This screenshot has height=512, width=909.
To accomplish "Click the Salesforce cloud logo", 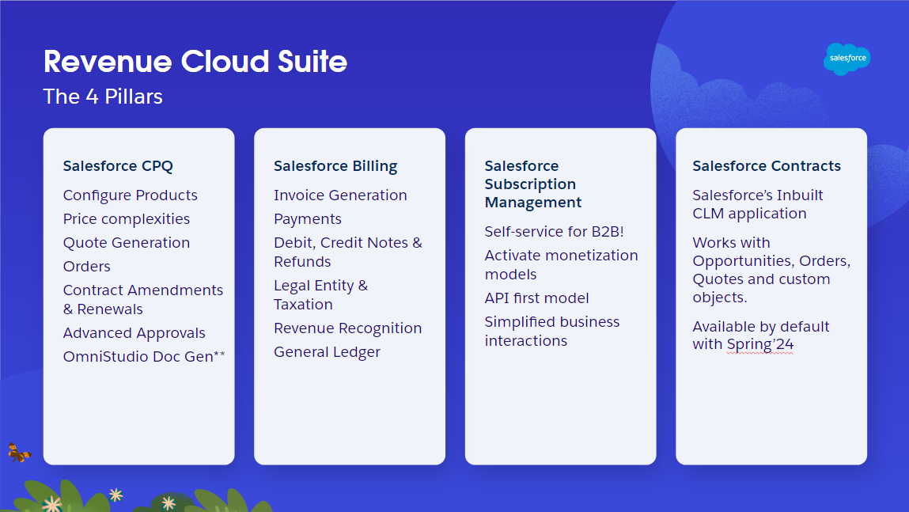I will coord(847,59).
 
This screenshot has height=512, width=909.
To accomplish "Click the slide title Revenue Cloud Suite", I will coord(195,61).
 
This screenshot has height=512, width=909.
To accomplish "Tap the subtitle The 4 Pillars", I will coord(103,97).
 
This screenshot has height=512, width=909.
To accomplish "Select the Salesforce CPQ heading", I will coord(118,166).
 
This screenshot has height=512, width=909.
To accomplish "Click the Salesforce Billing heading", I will coord(335,166).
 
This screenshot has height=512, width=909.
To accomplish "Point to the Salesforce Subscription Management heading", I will coord(533,184).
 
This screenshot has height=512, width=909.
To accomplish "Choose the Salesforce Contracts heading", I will coord(767,166).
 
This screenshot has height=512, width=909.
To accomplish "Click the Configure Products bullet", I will coord(131,195).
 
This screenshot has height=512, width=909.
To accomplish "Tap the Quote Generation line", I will coord(127,243).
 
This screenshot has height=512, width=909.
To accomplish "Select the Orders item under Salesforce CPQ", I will coord(87,267).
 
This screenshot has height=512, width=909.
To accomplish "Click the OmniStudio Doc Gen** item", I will coord(144,357).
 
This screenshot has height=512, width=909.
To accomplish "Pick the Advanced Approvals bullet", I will coord(134,333).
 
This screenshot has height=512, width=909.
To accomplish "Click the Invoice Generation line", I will coord(340,195).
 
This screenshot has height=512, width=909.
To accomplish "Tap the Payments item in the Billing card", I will coord(308,219).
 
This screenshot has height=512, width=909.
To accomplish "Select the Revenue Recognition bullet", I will coord(347,328).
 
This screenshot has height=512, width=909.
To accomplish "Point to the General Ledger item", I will coord(327,352).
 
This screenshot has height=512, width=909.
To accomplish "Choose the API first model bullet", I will coord(536,298).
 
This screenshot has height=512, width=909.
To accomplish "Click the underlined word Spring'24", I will coord(760,345).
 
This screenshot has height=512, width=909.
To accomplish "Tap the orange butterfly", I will coord(18,453).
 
